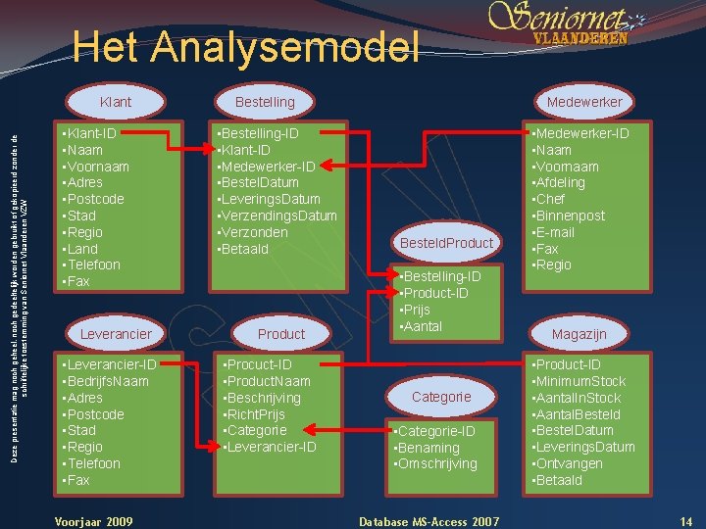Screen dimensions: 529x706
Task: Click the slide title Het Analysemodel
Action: [246, 47]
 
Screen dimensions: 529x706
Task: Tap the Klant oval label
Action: [116, 102]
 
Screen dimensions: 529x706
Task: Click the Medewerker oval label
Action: [584, 102]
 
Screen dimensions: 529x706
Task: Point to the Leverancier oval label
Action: [116, 334]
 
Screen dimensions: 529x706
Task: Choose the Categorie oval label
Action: [441, 397]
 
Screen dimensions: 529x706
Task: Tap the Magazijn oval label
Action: [579, 334]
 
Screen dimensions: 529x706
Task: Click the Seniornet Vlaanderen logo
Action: [569, 24]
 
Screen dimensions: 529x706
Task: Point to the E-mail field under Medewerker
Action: [566, 232]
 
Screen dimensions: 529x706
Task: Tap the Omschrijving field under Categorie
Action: [437, 463]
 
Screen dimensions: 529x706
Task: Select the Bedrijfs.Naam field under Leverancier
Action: [107, 381]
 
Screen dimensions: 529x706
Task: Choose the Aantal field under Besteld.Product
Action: [423, 326]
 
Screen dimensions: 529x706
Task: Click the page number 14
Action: [686, 521]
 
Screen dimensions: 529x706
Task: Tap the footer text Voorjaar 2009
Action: [93, 521]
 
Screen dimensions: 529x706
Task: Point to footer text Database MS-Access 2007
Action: [429, 521]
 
